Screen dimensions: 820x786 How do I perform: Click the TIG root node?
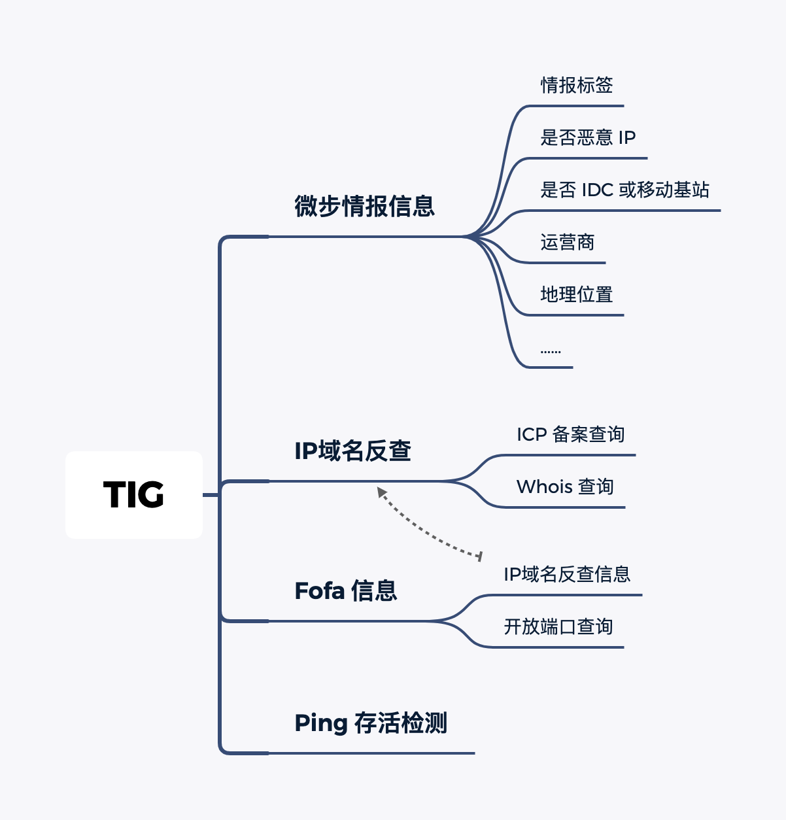pos(134,495)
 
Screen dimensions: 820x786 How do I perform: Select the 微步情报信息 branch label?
pos(364,206)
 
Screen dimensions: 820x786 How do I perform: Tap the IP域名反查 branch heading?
pos(352,451)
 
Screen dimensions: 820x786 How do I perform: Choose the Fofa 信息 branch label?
pos(346,591)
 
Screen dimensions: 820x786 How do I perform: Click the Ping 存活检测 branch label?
pos(371,723)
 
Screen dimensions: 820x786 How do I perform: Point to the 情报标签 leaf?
pos(576,85)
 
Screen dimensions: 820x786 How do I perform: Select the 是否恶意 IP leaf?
pos(588,137)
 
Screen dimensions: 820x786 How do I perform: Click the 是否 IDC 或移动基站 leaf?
pos(624,190)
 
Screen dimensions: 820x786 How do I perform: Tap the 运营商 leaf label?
pos(567,243)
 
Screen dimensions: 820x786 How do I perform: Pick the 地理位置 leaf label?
pos(576,295)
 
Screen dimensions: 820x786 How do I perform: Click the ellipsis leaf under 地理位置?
pos(551,351)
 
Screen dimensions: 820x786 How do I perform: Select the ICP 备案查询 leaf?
pos(570,435)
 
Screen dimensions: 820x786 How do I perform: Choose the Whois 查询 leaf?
pos(565,487)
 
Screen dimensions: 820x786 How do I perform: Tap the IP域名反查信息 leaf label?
pos(567,575)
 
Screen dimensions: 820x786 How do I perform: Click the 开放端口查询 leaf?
pos(558,627)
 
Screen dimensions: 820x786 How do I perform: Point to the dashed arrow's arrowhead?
pos(381,491)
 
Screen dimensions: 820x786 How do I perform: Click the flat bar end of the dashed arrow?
pos(480,556)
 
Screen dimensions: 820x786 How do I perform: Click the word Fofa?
pos(320,591)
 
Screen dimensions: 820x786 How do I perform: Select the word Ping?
pos(320,724)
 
